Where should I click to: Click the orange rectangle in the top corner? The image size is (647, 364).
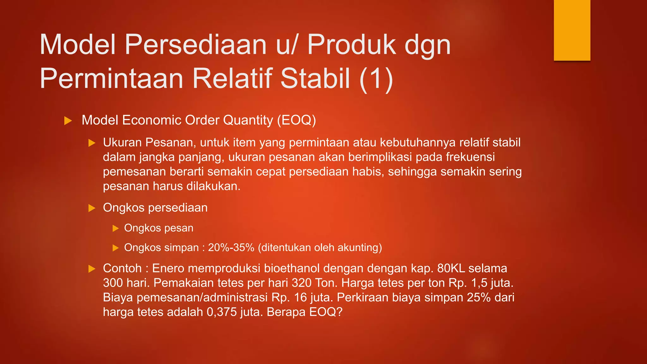572,30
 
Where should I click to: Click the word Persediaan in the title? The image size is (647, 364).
196,45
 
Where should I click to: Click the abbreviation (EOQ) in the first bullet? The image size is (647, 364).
296,120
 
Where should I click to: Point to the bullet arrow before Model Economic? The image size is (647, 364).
68,121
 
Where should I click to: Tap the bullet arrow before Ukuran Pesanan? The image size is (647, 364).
92,143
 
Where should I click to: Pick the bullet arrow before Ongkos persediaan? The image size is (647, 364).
92,208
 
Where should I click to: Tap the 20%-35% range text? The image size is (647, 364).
231,247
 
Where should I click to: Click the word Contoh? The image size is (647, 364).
122,268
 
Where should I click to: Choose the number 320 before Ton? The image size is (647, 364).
301,283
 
